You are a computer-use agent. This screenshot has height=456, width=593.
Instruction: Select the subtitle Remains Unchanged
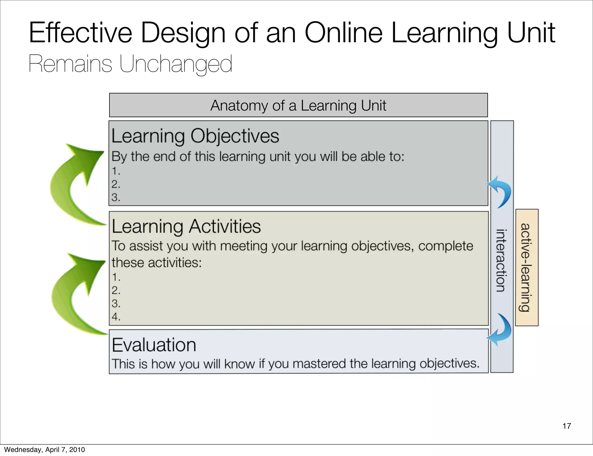click(x=130, y=64)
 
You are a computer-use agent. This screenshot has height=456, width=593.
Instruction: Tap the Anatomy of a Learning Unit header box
click(x=298, y=105)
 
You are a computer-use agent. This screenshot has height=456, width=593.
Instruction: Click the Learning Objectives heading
click(x=195, y=136)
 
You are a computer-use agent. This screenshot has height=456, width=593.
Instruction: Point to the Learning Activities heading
click(x=186, y=226)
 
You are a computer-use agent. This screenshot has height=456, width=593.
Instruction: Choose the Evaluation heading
click(x=154, y=345)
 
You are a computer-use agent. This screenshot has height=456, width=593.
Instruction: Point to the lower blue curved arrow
click(x=500, y=330)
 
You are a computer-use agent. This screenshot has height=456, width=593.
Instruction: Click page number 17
click(x=567, y=426)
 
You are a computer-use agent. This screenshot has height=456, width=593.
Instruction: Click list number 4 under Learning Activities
click(x=116, y=317)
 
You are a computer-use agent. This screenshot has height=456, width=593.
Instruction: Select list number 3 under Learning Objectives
click(x=116, y=198)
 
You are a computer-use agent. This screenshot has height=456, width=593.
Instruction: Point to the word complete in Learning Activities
click(x=445, y=246)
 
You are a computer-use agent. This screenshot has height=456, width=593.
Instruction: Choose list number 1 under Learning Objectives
click(x=116, y=171)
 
